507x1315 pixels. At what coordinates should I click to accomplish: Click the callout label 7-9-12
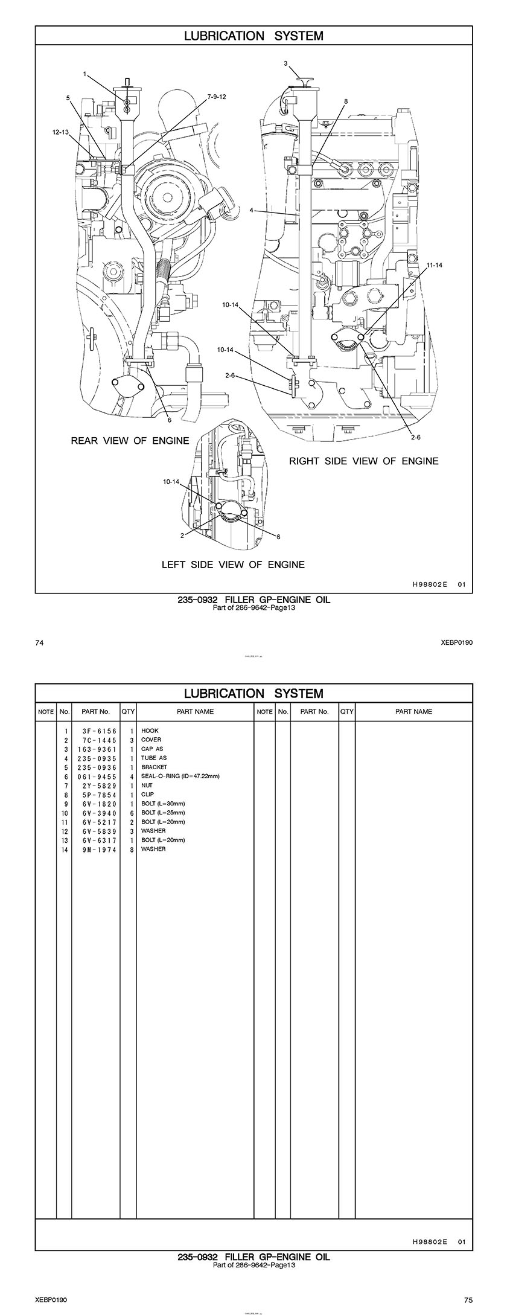[216, 97]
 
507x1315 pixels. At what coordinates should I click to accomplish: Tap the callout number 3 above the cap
[285, 63]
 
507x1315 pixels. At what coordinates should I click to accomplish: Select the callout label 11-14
[434, 265]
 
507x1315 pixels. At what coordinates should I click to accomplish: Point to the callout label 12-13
[61, 131]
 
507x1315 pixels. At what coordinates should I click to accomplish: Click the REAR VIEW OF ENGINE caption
[130, 441]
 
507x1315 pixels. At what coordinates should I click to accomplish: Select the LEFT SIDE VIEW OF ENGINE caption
[233, 565]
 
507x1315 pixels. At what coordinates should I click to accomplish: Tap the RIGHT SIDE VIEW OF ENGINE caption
[363, 461]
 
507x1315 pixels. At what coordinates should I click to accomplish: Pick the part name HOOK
[150, 731]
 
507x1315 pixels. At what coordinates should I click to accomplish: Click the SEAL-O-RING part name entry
[180, 776]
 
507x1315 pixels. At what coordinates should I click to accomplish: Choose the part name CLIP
[148, 795]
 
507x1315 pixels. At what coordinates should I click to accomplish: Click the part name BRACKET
[154, 767]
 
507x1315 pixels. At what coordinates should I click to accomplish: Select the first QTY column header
[128, 712]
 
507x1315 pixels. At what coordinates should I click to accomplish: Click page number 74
[40, 642]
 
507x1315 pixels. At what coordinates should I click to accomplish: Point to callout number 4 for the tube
[250, 211]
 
